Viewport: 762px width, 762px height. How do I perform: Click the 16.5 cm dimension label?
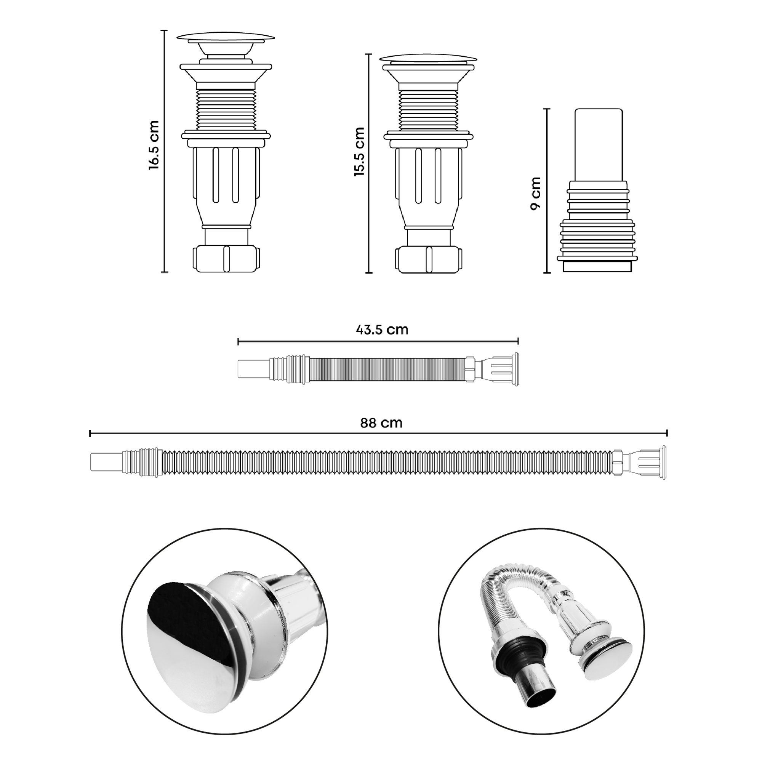coord(154,145)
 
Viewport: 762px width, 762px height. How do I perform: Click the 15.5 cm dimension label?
coord(359,152)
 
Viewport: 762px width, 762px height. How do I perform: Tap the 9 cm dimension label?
coord(536,194)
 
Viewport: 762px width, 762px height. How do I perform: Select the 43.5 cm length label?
coord(381,329)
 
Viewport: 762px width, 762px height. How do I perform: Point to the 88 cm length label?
coord(381,423)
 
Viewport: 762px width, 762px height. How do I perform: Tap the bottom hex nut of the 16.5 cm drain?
coord(226,259)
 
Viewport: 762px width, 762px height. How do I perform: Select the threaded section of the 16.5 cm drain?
coord(226,109)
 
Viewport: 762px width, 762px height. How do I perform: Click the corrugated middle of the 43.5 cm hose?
coord(386,370)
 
